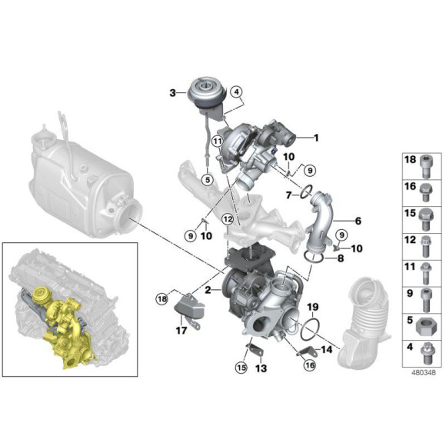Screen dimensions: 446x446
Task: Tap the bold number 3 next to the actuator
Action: [173, 93]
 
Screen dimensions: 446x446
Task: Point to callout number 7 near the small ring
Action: [288, 196]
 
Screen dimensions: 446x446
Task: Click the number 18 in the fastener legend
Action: [409, 160]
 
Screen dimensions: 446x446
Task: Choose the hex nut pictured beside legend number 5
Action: [428, 319]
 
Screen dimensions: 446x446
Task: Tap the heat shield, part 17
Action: [191, 311]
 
